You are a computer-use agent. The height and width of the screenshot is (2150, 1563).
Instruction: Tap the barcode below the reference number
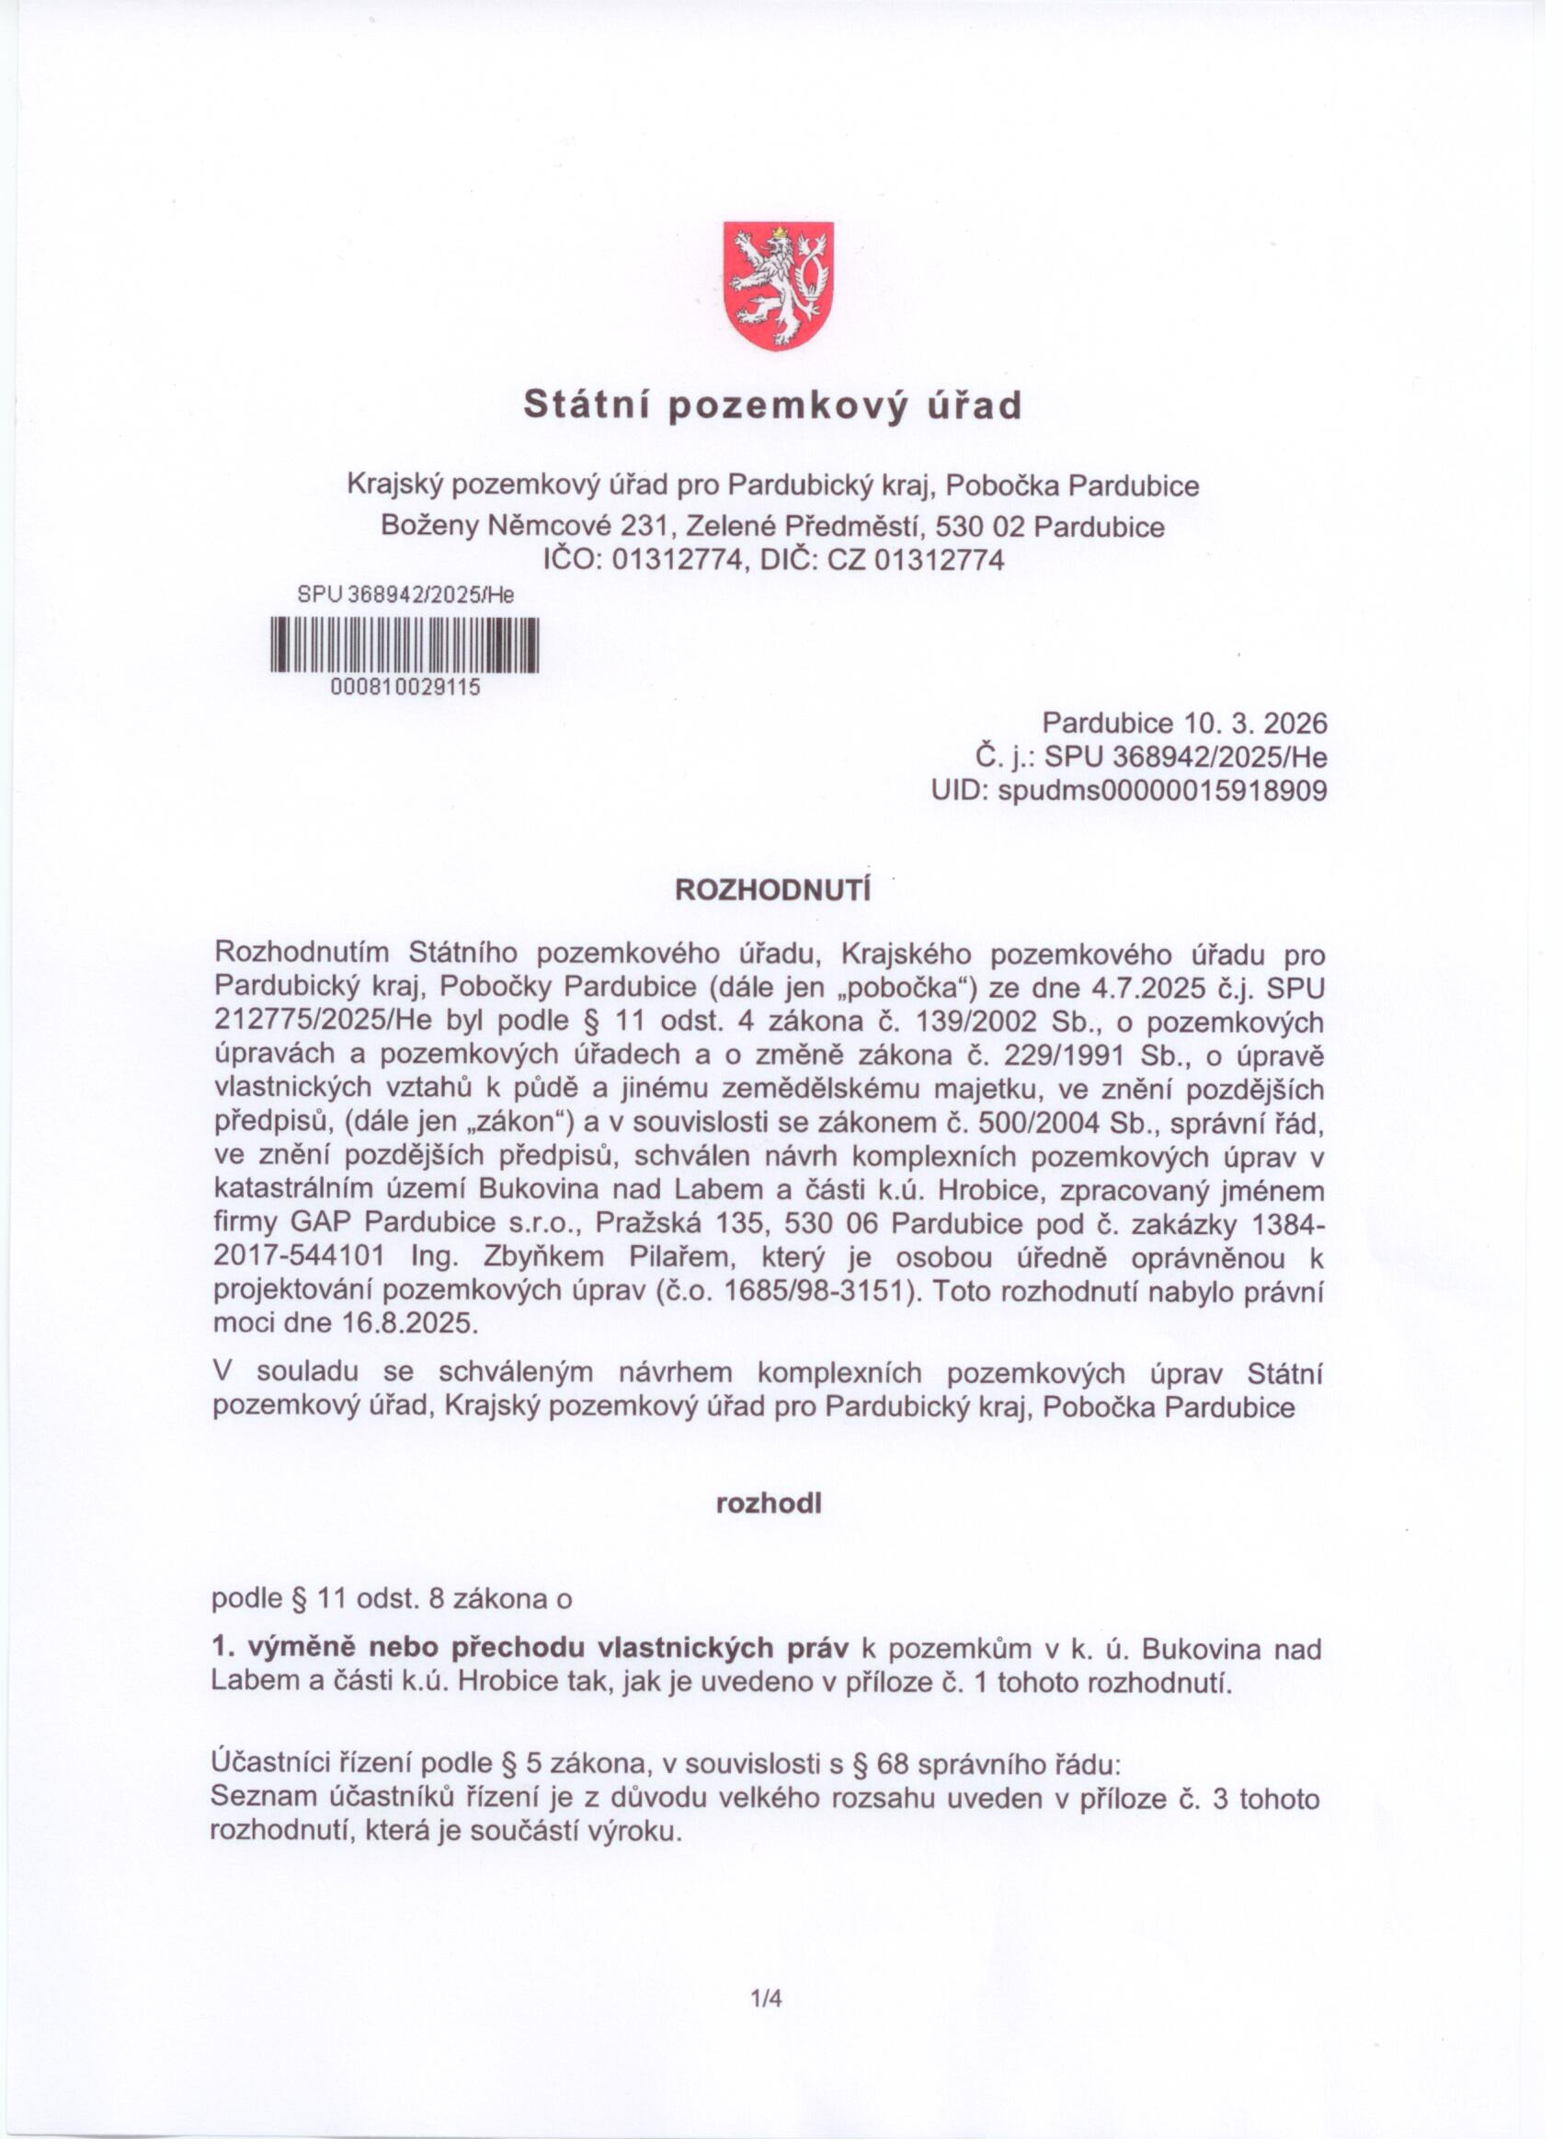[x=405, y=645]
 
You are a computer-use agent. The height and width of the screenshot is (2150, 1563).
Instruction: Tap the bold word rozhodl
[x=769, y=1504]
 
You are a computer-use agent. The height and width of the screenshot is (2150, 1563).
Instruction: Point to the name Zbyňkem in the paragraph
[x=543, y=1257]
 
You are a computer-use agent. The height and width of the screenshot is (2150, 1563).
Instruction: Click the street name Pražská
[x=646, y=1224]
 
